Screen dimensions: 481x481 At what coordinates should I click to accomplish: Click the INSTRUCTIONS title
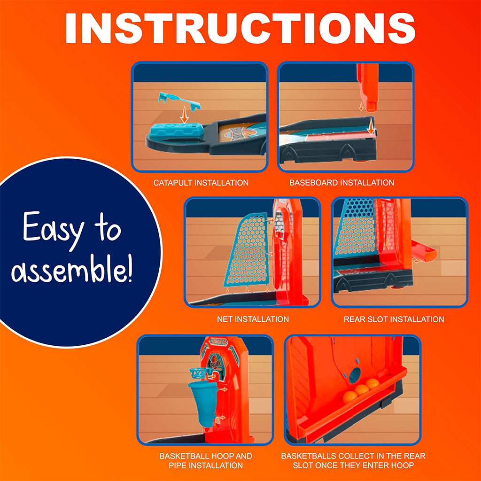[x=240, y=28]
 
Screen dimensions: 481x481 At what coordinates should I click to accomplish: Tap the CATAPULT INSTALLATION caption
[x=201, y=183]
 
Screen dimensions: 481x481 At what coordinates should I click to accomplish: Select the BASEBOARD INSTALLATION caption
[x=342, y=183]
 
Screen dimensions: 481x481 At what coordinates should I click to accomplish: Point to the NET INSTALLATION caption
[x=253, y=319]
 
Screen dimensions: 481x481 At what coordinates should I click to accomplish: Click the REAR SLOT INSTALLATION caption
[x=394, y=319]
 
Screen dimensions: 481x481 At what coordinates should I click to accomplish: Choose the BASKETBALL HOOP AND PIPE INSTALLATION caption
[x=206, y=461]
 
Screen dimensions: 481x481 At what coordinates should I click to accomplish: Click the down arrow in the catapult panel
[x=184, y=115]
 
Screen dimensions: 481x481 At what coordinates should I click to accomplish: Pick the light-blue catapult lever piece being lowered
[x=179, y=101]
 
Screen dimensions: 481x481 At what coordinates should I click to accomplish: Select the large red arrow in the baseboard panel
[x=371, y=126]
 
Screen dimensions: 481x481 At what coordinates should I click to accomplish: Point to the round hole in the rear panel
[x=355, y=375]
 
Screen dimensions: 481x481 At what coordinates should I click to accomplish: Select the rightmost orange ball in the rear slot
[x=372, y=384]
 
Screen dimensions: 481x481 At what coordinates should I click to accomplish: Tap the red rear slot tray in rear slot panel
[x=424, y=251]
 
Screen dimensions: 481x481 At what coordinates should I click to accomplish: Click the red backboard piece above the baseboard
[x=368, y=87]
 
